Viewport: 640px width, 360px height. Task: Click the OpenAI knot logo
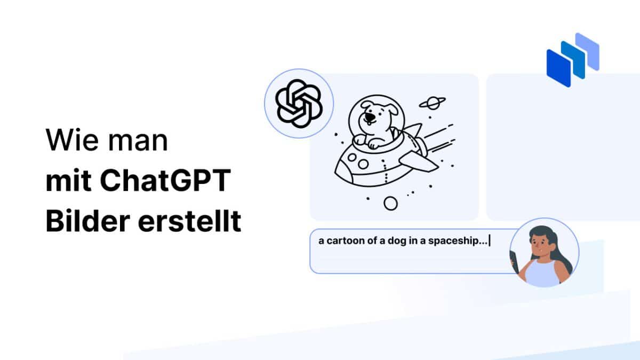tap(299, 103)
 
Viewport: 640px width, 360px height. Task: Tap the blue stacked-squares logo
tap(572, 59)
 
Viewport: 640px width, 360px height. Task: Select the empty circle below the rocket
tap(391, 203)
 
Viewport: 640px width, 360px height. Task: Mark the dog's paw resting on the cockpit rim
tap(373, 142)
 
